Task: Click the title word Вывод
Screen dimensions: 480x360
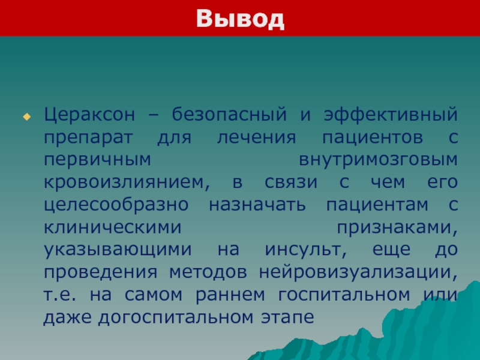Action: pyautogui.click(x=241, y=19)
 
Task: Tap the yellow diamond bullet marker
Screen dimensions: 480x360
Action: pyautogui.click(x=27, y=116)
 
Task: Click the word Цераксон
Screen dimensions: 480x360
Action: pyautogui.click(x=89, y=115)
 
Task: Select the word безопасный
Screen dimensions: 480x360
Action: pyautogui.click(x=229, y=114)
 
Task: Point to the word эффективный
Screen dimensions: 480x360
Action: pyautogui.click(x=391, y=114)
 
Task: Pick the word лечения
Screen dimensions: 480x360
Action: pyautogui.click(x=257, y=138)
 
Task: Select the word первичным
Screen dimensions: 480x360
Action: pyautogui.click(x=97, y=160)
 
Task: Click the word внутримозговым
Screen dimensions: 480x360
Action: pyautogui.click(x=378, y=160)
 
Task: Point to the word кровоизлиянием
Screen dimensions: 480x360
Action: pyautogui.click(x=127, y=183)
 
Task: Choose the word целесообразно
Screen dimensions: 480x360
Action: pyautogui.click(x=116, y=205)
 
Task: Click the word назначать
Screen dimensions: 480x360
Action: pyautogui.click(x=257, y=205)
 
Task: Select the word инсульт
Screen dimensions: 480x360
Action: pyautogui.click(x=306, y=250)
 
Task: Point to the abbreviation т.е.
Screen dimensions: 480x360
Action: pyautogui.click(x=59, y=295)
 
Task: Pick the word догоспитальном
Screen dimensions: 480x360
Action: pyautogui.click(x=176, y=318)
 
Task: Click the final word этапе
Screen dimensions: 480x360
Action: pyautogui.click(x=287, y=318)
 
